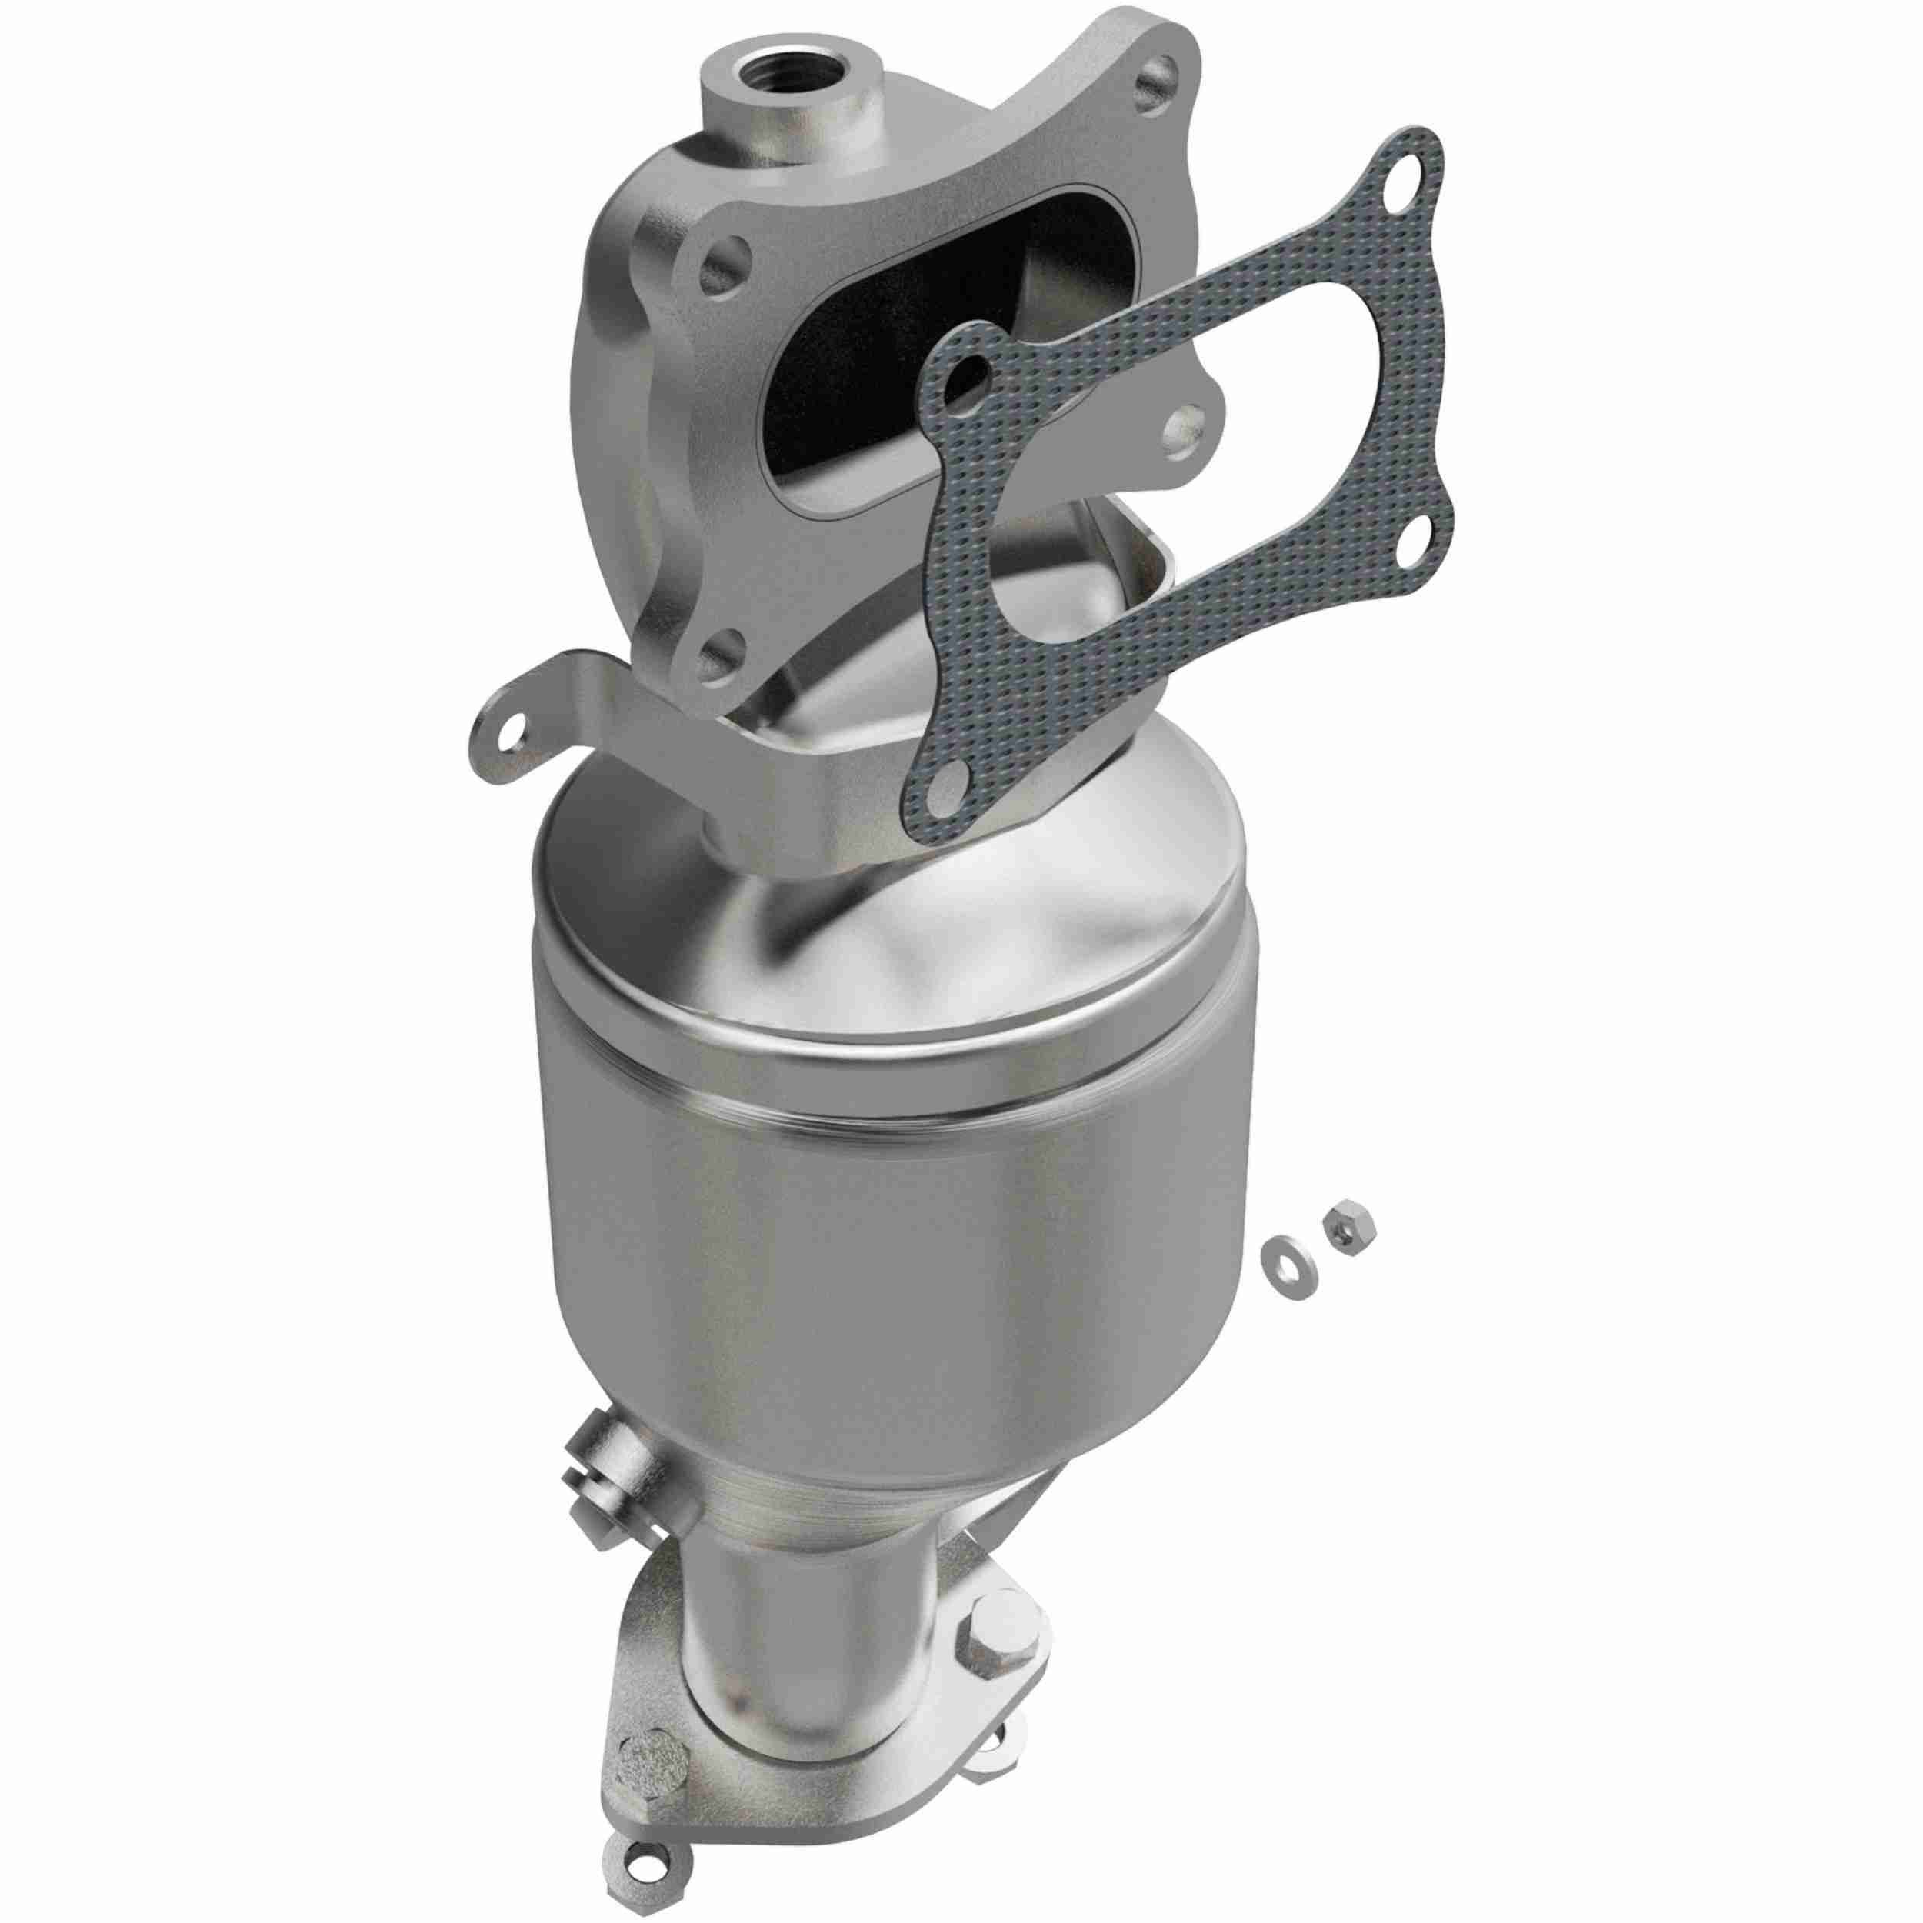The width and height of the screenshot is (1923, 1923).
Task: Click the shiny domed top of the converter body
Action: [896, 925]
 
